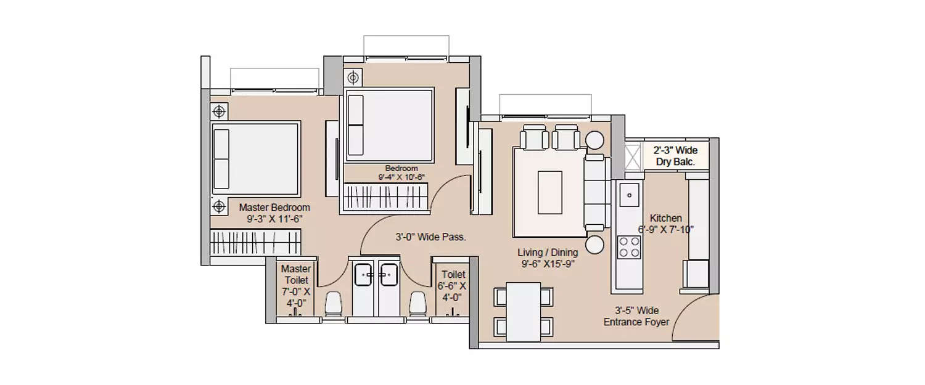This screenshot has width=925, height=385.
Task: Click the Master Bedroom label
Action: tap(274, 208)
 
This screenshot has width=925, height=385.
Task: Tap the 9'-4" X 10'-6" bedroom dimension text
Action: tap(401, 177)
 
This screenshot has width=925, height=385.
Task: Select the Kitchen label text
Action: tap(666, 218)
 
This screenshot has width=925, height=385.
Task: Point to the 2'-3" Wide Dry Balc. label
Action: tap(675, 156)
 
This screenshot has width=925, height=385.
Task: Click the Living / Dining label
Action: tap(548, 253)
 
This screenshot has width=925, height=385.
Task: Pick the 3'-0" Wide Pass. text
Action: tap(430, 237)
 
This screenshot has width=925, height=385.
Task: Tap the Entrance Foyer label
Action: tap(636, 322)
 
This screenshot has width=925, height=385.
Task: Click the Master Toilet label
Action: tap(295, 275)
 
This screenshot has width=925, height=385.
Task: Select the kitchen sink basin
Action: tap(629, 195)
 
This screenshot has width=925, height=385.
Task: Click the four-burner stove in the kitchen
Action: tap(628, 247)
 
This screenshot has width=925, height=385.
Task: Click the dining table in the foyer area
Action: tap(523, 312)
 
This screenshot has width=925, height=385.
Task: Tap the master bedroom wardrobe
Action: tap(256, 242)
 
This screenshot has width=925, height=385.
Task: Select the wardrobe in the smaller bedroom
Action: tap(384, 198)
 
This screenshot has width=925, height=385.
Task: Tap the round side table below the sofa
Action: tap(594, 245)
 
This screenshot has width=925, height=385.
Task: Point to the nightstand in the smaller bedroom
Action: tap(353, 78)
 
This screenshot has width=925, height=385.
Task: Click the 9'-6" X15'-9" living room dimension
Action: tap(548, 263)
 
